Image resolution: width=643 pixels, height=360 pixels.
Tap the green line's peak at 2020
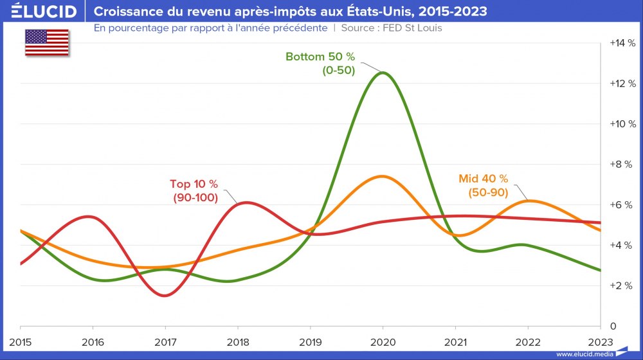pyautogui.click(x=384, y=73)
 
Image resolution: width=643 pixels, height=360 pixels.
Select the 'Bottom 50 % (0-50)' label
pyautogui.click(x=320, y=64)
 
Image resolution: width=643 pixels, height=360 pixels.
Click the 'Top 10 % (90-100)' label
pyautogui.click(x=195, y=191)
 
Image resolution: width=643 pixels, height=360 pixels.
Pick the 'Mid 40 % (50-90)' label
pyautogui.click(x=483, y=185)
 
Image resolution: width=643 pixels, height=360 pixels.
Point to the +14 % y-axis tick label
pyautogui.click(x=622, y=43)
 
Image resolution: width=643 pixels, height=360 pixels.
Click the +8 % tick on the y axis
pyautogui.click(x=622, y=164)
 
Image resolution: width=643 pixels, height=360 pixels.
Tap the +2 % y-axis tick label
pyautogui.click(x=622, y=285)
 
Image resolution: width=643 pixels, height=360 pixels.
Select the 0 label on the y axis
pyautogui.click(x=613, y=325)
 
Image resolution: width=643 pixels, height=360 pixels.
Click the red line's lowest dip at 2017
pyautogui.click(x=165, y=296)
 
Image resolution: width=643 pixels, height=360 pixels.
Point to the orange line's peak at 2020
pyautogui.click(x=383, y=176)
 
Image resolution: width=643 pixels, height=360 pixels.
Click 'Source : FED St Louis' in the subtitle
pyautogui.click(x=391, y=28)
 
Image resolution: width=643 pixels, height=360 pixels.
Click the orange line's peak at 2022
pyautogui.click(x=528, y=201)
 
